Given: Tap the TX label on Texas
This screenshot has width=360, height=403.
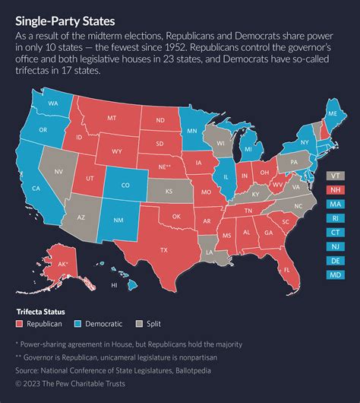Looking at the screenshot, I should pos(163,249).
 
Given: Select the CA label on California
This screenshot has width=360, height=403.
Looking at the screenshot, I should pos(36,188).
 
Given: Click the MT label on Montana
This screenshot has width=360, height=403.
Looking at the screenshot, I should pos(111,119).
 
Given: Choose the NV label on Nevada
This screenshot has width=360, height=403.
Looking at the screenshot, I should pos(58,173).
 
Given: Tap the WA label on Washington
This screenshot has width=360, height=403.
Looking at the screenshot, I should pos(54,103).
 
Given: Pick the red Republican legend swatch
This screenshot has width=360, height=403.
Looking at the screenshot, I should pos(21,323).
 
